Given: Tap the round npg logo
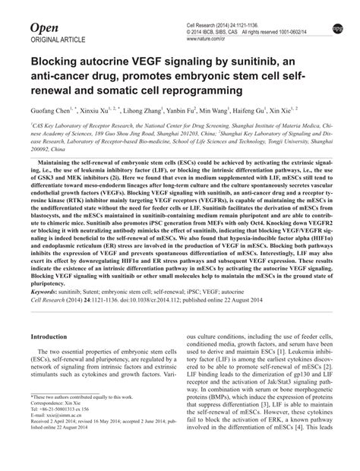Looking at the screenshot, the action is (337, 29).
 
